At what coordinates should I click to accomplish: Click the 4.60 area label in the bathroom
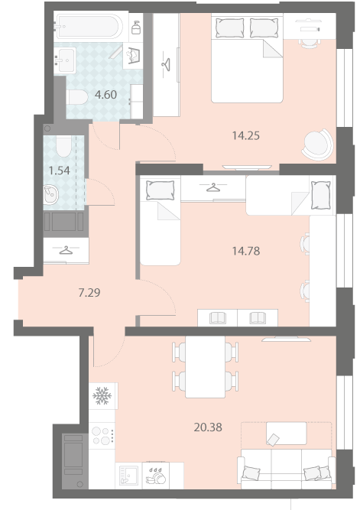tap(105, 95)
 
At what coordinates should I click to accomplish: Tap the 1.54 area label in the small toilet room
tap(59, 171)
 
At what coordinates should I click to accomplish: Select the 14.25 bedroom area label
tap(246, 135)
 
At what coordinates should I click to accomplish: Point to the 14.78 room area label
tap(246, 251)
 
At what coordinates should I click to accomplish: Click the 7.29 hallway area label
tap(89, 293)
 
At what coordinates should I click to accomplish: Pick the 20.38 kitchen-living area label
tap(208, 427)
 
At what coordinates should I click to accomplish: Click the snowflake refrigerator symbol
tap(102, 396)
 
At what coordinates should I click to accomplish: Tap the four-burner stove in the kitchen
tap(102, 436)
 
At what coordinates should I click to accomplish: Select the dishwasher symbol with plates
tap(156, 476)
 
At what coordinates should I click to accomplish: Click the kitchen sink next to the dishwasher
tap(128, 476)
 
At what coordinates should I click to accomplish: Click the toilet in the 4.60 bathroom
tap(77, 97)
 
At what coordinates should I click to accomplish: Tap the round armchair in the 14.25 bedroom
tap(318, 144)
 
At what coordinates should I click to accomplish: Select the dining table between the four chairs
tap(205, 367)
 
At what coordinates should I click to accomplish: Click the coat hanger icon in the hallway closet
tap(66, 251)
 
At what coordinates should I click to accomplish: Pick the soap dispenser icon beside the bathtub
tap(136, 27)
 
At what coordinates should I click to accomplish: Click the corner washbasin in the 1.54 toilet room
tap(50, 194)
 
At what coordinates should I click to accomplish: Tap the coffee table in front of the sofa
tap(286, 434)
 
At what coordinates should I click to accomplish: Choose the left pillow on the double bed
tap(229, 28)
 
